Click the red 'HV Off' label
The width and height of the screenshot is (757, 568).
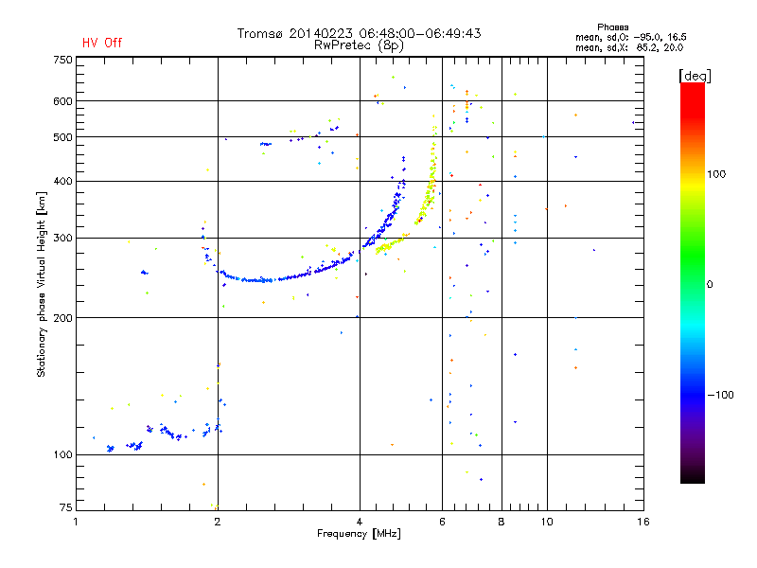point(101,43)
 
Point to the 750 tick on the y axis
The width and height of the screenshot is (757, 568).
point(63,60)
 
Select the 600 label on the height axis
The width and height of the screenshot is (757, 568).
point(63,101)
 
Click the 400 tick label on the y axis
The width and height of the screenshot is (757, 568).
point(63,181)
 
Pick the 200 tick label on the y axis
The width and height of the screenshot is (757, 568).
point(63,318)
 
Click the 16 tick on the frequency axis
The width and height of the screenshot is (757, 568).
point(643,522)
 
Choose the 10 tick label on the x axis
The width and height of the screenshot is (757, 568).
point(546,522)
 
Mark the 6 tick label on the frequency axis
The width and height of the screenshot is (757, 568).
point(443,522)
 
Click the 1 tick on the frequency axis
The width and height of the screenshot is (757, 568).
point(77,522)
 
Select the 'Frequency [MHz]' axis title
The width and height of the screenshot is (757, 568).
point(359,535)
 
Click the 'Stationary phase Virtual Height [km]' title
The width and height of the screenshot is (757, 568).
point(42,284)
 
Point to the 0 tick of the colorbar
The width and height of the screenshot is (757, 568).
point(710,284)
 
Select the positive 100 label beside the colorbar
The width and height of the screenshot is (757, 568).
point(716,174)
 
